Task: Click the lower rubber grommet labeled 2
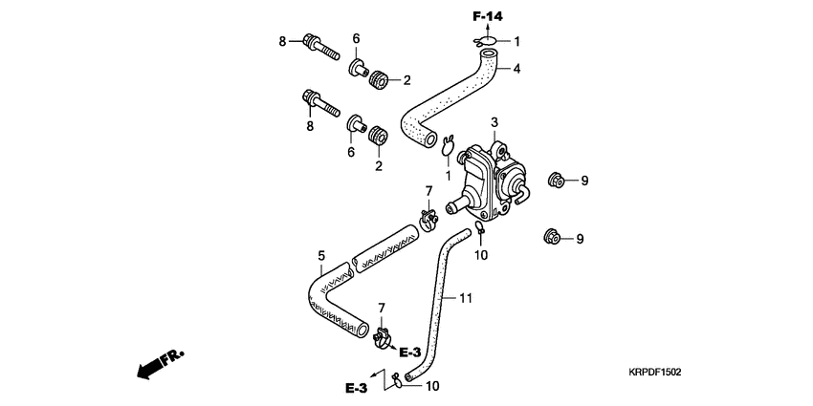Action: [x=377, y=134]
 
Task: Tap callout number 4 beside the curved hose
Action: [x=516, y=69]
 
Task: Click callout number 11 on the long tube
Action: [x=466, y=298]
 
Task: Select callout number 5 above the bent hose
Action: [x=321, y=256]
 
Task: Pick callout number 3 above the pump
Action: [x=494, y=122]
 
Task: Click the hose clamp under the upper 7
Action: [x=429, y=222]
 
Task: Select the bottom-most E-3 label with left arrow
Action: [x=357, y=388]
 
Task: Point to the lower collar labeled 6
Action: [x=357, y=125]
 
